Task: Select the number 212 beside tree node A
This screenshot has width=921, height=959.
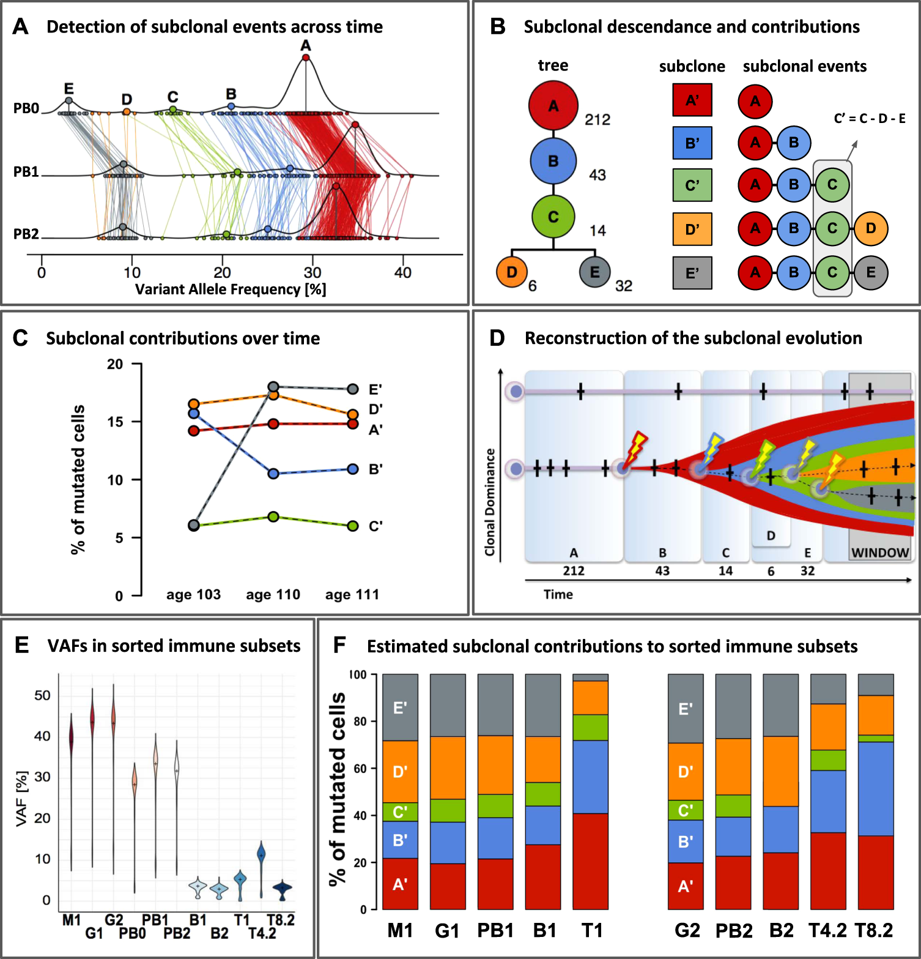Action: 597,119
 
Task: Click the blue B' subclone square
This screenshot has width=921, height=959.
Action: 692,143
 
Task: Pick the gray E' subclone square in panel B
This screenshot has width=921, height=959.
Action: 692,273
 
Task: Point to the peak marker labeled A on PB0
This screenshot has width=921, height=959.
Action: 306,58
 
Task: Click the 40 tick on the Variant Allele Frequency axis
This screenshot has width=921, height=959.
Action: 402,273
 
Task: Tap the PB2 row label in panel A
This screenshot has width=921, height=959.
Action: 26,234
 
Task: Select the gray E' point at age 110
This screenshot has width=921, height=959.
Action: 273,387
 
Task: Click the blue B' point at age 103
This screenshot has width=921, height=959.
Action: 194,414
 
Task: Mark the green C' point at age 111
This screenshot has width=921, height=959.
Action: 353,526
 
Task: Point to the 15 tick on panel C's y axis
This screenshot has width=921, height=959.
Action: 115,422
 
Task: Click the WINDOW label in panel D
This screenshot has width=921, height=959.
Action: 880,553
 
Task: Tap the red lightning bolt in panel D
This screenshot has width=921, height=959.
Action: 636,449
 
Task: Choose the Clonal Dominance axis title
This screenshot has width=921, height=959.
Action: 490,502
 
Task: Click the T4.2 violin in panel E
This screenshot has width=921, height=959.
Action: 261,857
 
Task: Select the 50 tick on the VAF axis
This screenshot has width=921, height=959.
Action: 42,695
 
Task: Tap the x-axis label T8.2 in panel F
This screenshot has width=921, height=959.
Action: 874,931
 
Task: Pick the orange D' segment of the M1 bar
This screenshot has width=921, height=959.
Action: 400,771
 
